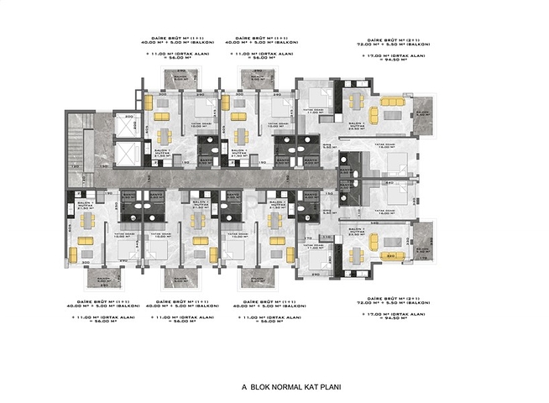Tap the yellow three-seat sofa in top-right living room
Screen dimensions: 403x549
(392, 102)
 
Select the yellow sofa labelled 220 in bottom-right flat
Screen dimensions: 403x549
(391, 255)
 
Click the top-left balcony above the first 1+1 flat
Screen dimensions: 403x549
(178, 80)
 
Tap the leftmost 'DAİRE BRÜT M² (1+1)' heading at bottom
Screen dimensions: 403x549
(104, 300)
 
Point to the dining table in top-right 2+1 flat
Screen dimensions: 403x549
(358, 102)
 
